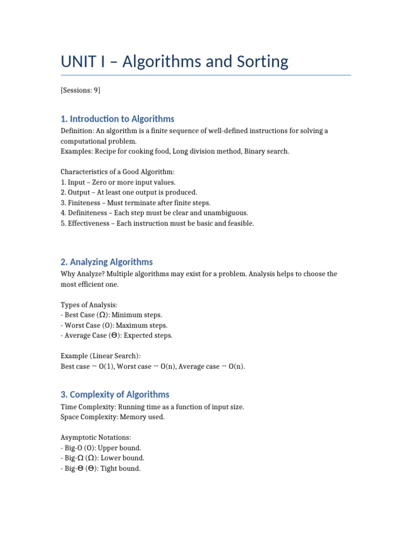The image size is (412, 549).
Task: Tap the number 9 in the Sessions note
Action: click(x=96, y=90)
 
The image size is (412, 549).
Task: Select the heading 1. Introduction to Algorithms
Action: click(x=117, y=118)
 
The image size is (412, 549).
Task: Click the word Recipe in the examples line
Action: click(x=106, y=151)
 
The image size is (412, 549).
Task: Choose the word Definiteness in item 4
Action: click(x=90, y=213)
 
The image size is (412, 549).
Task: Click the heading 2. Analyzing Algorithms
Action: click(x=106, y=262)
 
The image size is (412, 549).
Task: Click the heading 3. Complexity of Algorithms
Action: click(x=115, y=394)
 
